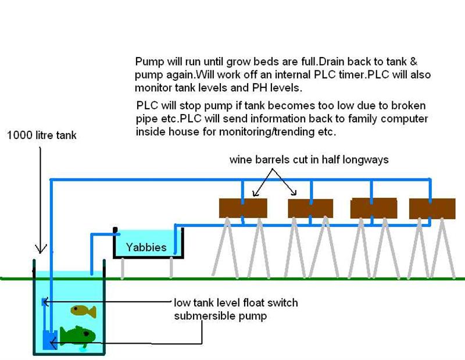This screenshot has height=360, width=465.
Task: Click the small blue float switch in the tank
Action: tap(42, 302)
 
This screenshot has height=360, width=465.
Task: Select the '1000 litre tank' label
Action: tap(41, 135)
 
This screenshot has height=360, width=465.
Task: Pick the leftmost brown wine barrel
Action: tap(242, 208)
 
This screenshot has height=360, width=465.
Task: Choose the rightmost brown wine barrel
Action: tap(432, 208)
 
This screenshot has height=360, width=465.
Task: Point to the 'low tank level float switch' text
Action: tap(235, 303)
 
